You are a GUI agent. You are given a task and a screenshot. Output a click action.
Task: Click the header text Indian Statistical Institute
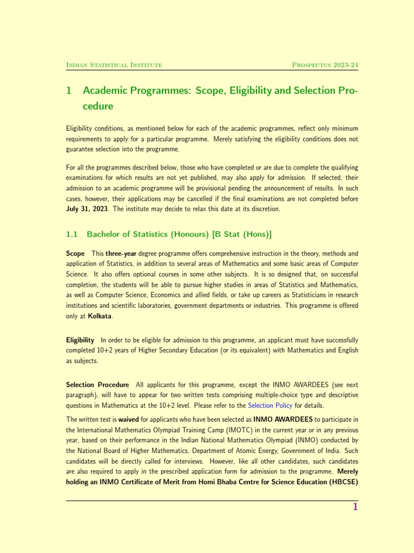coord(114,65)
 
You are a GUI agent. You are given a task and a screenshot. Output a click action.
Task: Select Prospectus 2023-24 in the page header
coord(325,65)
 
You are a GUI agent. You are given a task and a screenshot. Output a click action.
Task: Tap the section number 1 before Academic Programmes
coord(69,91)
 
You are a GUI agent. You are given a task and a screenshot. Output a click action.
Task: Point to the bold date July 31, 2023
coord(88,209)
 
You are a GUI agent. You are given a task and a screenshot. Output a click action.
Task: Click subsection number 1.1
coord(72,234)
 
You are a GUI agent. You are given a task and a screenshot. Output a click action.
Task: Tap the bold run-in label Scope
coord(75,253)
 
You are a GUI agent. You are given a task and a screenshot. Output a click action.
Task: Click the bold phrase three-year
coord(121,253)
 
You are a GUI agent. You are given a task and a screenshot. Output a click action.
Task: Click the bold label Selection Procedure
coord(98,385)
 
